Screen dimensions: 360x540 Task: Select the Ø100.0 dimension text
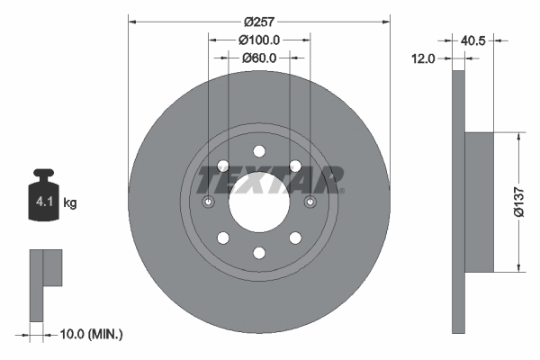[260, 40]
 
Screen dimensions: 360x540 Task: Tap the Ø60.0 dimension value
[259, 58]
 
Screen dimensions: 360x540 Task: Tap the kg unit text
[70, 203]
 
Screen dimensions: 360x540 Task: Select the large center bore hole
[259, 201]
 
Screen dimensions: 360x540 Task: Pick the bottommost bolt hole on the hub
[259, 252]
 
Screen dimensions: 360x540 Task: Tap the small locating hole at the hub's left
[209, 201]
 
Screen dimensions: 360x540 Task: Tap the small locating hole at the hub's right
[310, 201]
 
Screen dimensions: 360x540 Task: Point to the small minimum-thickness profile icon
[45, 283]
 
